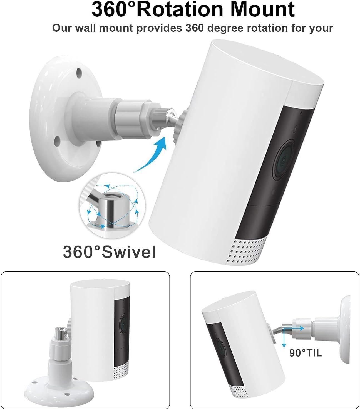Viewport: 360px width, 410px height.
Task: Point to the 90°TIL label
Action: (x=306, y=353)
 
